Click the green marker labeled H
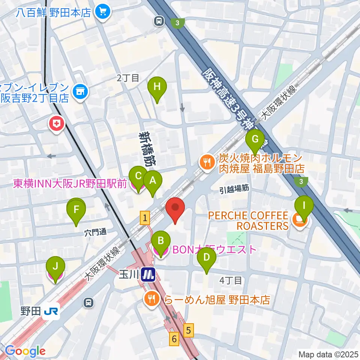click(x=157, y=87)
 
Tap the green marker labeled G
click(x=255, y=139)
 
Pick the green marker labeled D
click(x=206, y=258)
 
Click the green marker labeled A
click(x=152, y=181)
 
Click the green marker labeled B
click(x=161, y=241)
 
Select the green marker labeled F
click(x=76, y=210)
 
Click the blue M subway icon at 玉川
click(x=149, y=275)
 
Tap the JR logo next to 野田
click(x=51, y=311)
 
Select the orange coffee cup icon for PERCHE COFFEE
click(x=300, y=221)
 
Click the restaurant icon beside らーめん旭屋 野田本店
click(x=151, y=299)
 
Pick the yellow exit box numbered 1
click(x=145, y=218)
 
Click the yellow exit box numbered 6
click(x=174, y=339)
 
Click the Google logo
click(x=25, y=351)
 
